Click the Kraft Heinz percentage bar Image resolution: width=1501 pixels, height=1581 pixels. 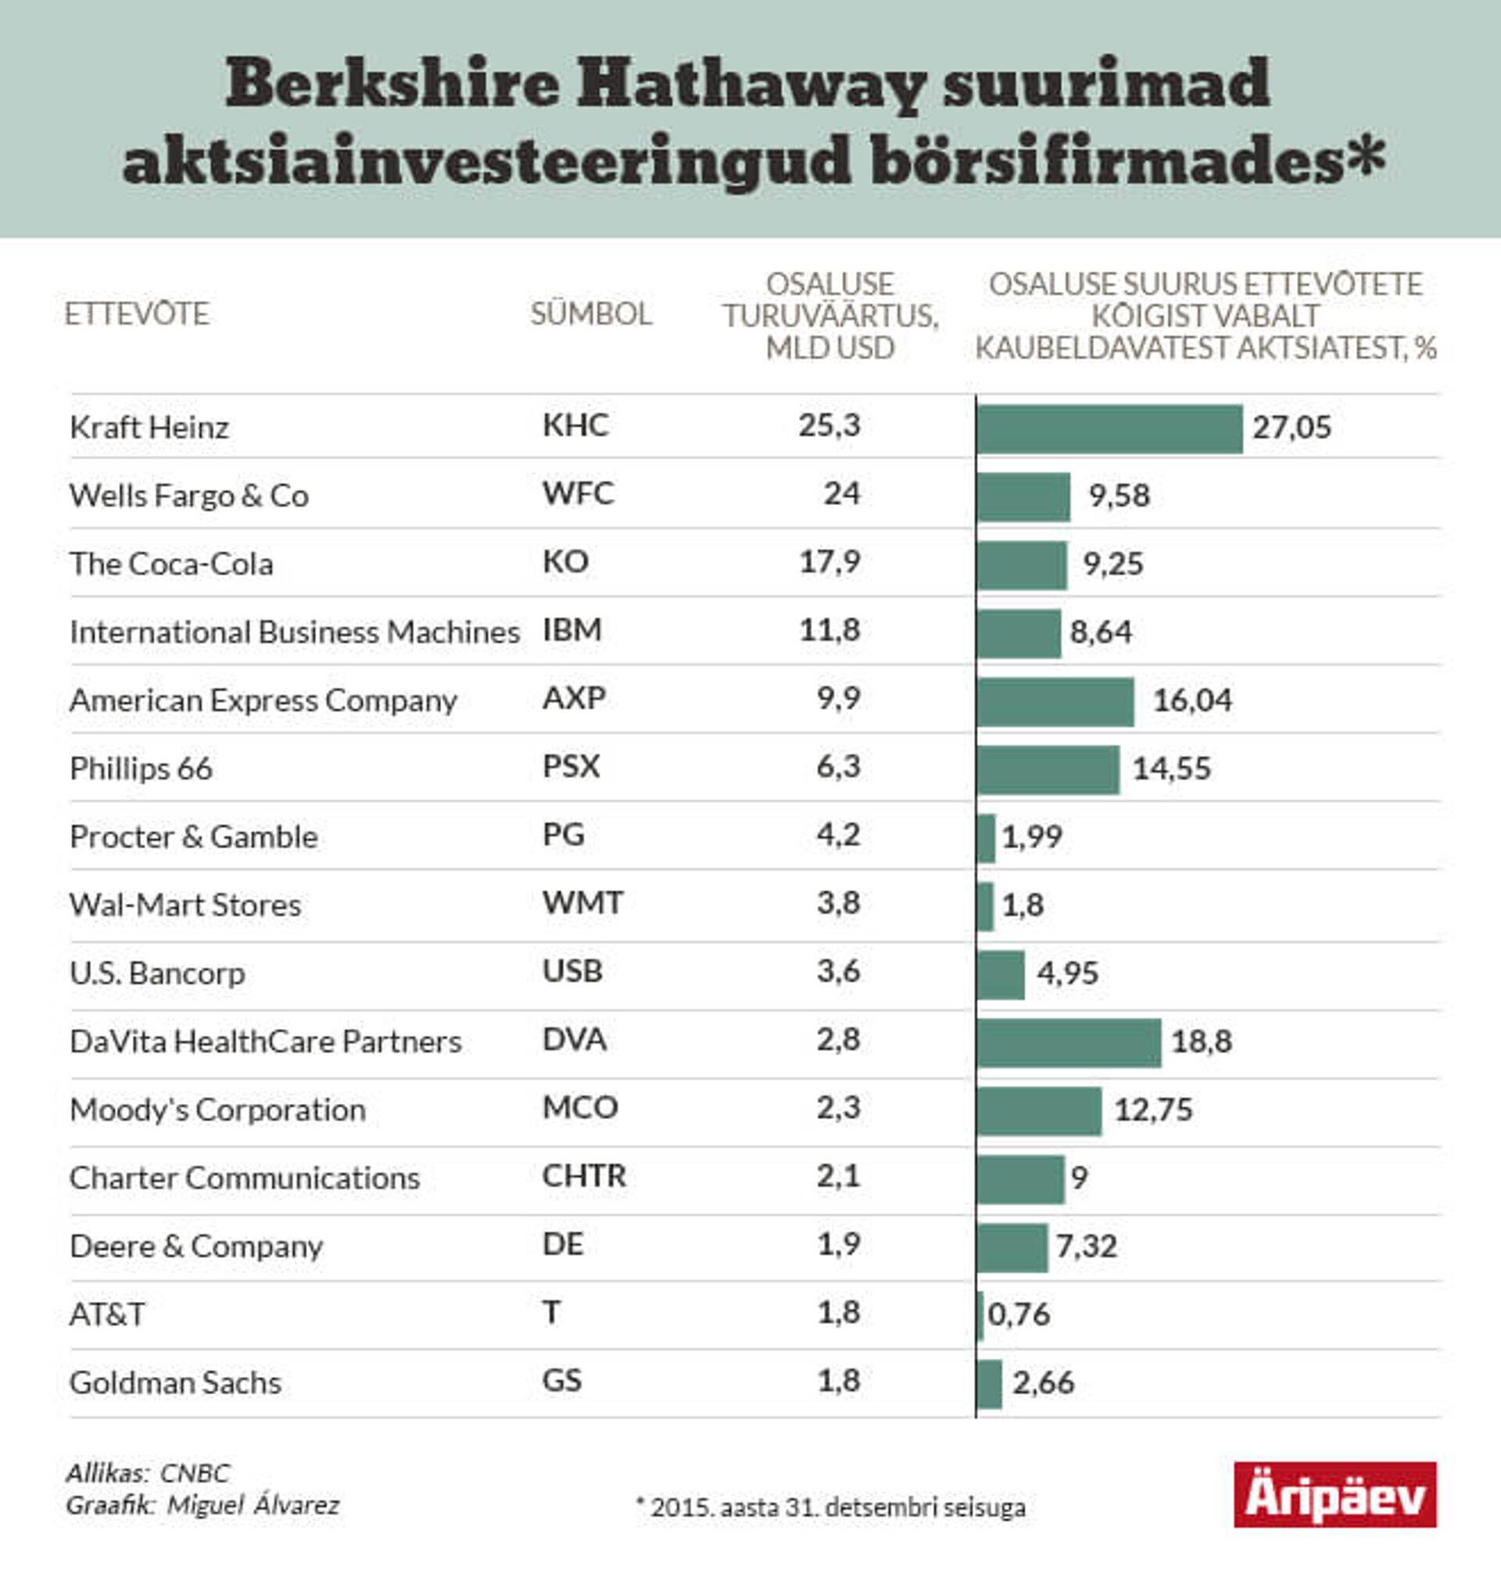[1110, 428]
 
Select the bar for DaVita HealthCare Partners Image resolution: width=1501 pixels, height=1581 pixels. [1069, 1042]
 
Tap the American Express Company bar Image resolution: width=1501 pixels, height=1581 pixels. [1055, 701]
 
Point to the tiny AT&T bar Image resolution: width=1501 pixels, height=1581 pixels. [980, 1315]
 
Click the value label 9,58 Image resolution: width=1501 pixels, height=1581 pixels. [1119, 496]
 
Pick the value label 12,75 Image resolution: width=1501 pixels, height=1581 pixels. [1153, 1110]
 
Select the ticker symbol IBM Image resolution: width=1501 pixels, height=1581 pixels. [571, 630]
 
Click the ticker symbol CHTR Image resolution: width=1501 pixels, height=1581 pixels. [583, 1176]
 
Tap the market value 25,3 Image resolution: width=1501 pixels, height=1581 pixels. [829, 425]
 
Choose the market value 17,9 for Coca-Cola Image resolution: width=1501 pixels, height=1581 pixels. [829, 561]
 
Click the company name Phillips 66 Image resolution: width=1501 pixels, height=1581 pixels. [141, 769]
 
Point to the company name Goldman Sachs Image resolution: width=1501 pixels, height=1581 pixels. [175, 1383]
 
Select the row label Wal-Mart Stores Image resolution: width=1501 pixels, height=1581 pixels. [184, 905]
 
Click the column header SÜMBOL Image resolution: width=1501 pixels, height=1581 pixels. [590, 314]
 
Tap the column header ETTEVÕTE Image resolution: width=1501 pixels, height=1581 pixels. [137, 314]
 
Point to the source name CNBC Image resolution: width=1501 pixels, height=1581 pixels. [195, 1474]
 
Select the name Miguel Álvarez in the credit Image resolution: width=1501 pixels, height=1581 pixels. [253, 1506]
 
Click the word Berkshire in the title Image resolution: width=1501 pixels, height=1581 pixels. [392, 84]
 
